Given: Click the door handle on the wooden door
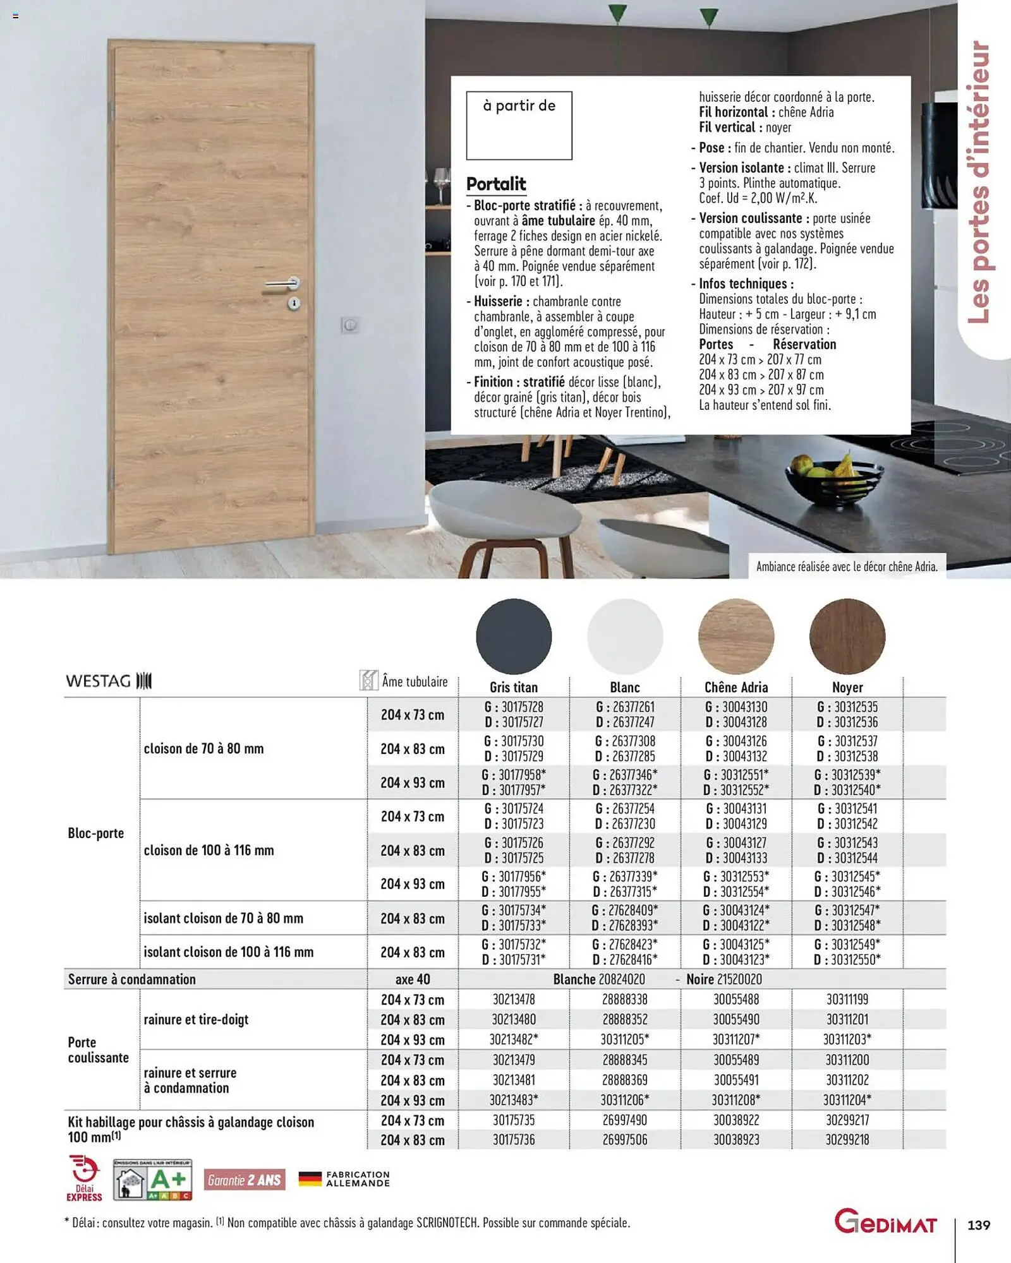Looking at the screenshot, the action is (282, 284).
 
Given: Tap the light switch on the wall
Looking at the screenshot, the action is (350, 325).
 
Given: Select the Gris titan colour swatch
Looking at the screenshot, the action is (514, 636).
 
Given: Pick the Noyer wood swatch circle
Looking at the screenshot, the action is (847, 636).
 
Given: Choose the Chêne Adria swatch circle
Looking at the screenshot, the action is (736, 636).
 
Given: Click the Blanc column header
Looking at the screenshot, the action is (625, 687).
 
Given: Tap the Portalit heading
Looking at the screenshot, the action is (496, 184).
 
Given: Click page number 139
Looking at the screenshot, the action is (979, 1225).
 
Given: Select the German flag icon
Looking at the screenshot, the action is (310, 1178).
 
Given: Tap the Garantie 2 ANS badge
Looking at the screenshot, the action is (245, 1180).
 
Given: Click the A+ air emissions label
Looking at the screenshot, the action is (153, 1179).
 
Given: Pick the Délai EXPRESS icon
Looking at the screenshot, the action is (84, 1178).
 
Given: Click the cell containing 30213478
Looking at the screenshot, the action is (514, 999).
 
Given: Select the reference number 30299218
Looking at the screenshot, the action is (847, 1140).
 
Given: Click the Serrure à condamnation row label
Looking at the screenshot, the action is (132, 979).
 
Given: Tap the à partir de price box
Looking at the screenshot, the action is (519, 125).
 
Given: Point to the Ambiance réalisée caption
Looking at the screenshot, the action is (847, 566).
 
